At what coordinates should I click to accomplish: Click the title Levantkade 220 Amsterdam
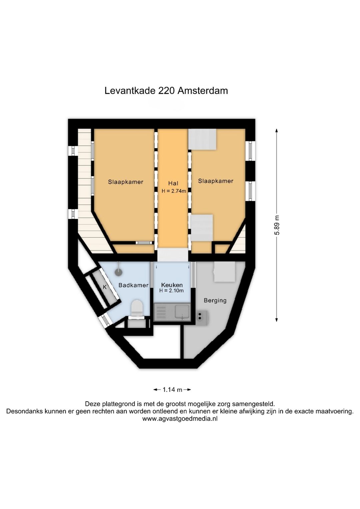(x=166, y=91)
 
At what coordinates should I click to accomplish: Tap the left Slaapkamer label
(x=125, y=182)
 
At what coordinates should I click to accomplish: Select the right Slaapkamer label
(x=216, y=181)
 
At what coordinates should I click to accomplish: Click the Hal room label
(x=173, y=183)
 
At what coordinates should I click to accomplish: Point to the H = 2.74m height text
(x=174, y=191)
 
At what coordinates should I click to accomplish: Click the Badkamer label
(x=133, y=285)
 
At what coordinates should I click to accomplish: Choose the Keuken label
(x=172, y=285)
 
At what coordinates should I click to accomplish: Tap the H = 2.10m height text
(x=171, y=291)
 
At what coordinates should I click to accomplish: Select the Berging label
(x=215, y=301)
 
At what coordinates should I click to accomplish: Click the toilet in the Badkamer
(x=137, y=307)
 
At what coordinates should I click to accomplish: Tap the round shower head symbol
(x=119, y=272)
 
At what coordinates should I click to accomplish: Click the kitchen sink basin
(x=182, y=312)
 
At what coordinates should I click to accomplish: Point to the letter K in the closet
(x=105, y=287)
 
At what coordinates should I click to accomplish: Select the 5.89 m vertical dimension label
(x=277, y=225)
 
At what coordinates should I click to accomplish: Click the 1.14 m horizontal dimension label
(x=172, y=390)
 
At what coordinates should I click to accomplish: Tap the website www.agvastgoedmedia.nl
(x=180, y=419)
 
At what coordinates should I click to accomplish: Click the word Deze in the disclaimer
(x=92, y=404)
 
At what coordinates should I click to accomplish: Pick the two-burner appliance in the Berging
(x=202, y=316)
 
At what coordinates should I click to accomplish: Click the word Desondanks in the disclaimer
(x=23, y=411)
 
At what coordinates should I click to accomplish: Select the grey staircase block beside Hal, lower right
(x=201, y=227)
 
